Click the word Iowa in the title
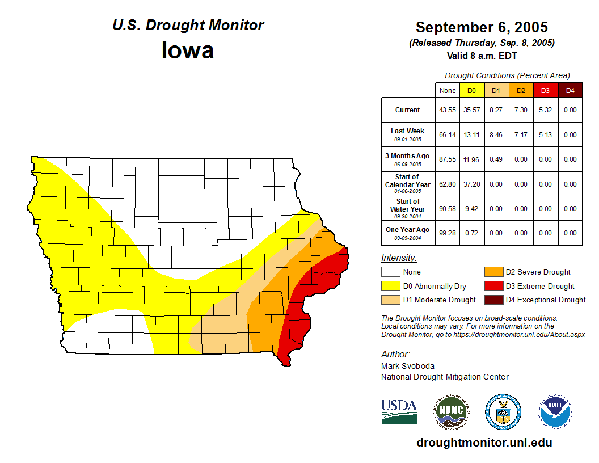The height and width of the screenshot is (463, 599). [x=188, y=50]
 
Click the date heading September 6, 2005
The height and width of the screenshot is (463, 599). [x=482, y=27]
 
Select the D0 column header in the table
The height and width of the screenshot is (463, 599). [x=471, y=91]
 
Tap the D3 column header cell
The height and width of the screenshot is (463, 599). [x=545, y=91]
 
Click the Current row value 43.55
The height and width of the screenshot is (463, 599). [x=448, y=110]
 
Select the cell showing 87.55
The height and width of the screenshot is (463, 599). [x=448, y=159]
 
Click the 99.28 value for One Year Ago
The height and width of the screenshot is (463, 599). [x=448, y=233]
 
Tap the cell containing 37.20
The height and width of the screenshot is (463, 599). [x=471, y=184]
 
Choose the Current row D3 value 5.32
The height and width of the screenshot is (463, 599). [x=545, y=110]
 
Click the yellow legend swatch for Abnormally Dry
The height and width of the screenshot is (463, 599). [x=390, y=286]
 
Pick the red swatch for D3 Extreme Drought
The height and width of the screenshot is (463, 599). [x=492, y=286]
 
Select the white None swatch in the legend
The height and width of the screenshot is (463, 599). [x=390, y=272]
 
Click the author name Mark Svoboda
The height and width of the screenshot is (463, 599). [x=407, y=366]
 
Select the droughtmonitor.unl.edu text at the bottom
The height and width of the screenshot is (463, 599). [x=484, y=443]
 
